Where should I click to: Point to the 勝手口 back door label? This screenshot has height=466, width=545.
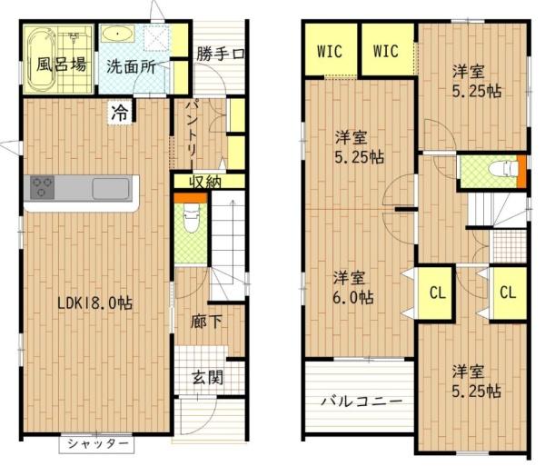tap(220, 53)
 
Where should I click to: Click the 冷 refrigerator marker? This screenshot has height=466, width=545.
tap(120, 113)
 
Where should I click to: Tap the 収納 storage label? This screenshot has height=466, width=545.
tap(204, 182)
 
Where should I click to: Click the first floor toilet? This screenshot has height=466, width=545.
tap(191, 220)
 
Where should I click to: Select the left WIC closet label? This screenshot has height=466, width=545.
tap(330, 51)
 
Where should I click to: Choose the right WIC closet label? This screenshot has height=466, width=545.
tap(386, 51)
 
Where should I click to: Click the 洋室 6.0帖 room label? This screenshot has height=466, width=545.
tap(351, 287)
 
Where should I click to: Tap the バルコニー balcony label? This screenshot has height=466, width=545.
tap(360, 401)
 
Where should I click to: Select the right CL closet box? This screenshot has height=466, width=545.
tap(508, 292)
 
